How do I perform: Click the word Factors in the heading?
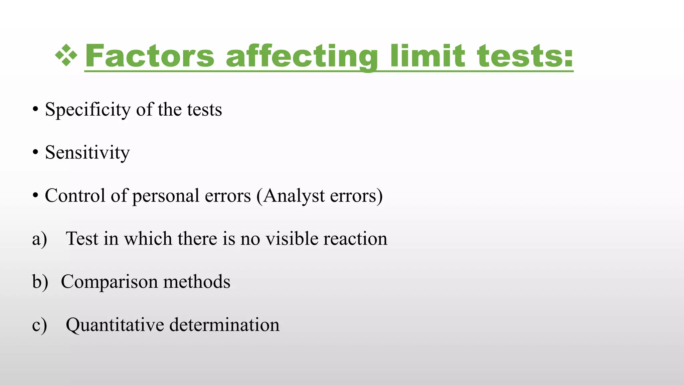pos(150,56)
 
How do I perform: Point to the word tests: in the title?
pos(525,56)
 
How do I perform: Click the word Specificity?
pos(88,110)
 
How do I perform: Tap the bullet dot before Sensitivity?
pos(35,152)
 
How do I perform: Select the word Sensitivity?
pos(87,153)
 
